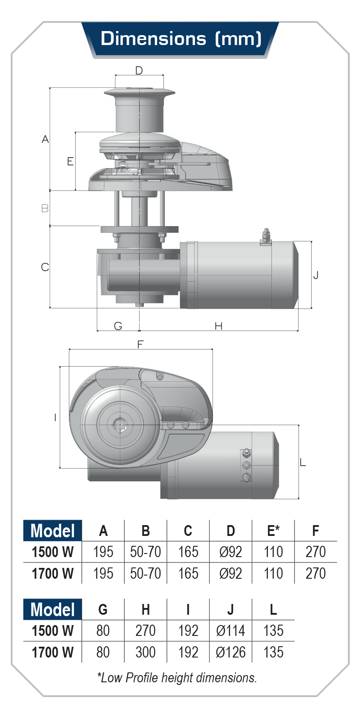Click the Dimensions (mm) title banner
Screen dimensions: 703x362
pyautogui.click(x=181, y=39)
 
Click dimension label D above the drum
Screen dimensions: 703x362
pyautogui.click(x=139, y=70)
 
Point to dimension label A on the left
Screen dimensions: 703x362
pyautogui.click(x=45, y=139)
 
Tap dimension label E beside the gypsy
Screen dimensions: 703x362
pyautogui.click(x=70, y=161)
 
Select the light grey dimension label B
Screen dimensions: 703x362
pyautogui.click(x=45, y=209)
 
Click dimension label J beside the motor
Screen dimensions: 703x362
pyautogui.click(x=316, y=275)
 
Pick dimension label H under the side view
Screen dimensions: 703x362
pyautogui.click(x=218, y=326)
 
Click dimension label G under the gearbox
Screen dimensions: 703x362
pyautogui.click(x=118, y=326)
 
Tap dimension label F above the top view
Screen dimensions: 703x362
pyautogui.click(x=140, y=345)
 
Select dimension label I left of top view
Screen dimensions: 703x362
pyautogui.click(x=55, y=417)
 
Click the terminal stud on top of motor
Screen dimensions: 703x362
pyautogui.click(x=266, y=236)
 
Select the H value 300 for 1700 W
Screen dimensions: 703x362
pyautogui.click(x=145, y=652)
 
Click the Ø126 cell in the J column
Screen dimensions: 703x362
pyautogui.click(x=231, y=652)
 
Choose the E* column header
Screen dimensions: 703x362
pyautogui.click(x=273, y=531)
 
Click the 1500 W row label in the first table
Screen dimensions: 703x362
pyautogui.click(x=53, y=552)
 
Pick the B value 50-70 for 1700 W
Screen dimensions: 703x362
pyautogui.click(x=145, y=573)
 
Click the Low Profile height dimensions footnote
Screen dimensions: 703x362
pyautogui.click(x=177, y=677)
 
